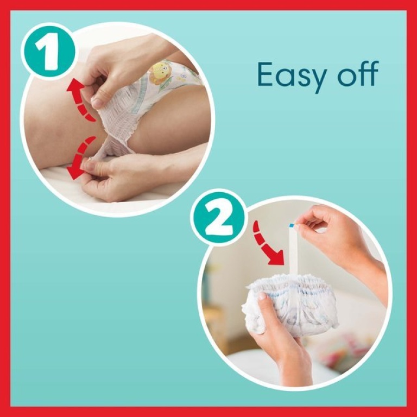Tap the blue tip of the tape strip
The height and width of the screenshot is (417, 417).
pyautogui.click(x=292, y=224)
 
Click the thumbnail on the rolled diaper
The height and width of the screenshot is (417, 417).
pyautogui.click(x=263, y=296)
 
